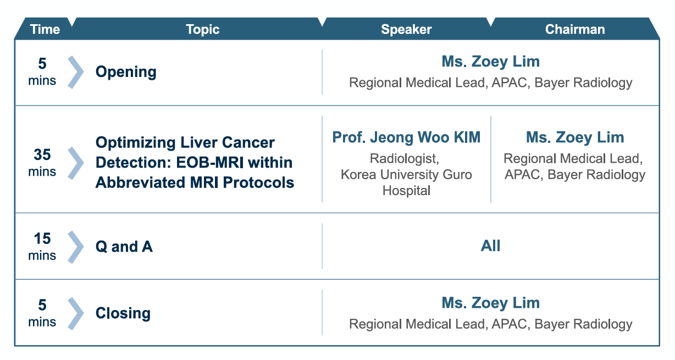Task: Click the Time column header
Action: [45, 29]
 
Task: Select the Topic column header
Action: [202, 29]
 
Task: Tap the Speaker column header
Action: [406, 29]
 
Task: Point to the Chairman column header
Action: [574, 29]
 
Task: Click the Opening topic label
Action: [126, 72]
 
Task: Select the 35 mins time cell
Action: [42, 163]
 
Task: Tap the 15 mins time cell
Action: [42, 246]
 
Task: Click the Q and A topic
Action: [124, 247]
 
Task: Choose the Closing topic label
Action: [123, 313]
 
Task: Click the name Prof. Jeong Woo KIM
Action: [406, 137]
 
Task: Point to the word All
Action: [490, 246]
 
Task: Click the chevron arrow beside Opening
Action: [76, 72]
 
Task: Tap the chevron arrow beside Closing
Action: [76, 313]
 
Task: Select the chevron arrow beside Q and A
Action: [76, 247]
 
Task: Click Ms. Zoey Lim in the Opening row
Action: [490, 61]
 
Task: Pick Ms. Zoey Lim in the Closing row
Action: [490, 303]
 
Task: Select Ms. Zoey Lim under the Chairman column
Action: [574, 137]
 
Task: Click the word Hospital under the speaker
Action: [406, 190]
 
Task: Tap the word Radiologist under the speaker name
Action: [404, 159]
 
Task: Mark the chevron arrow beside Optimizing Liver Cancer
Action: [76, 163]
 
